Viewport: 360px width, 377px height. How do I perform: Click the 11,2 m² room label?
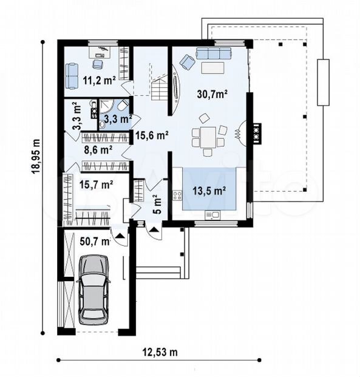pos(99,80)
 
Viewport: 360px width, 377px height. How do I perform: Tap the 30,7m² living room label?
pos(212,93)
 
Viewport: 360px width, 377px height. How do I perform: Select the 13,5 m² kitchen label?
pos(209,191)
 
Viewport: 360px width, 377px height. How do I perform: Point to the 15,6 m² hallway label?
pos(152,135)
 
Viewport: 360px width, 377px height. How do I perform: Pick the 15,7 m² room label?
pos(96,185)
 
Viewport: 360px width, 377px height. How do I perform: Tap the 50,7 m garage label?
pos(95,242)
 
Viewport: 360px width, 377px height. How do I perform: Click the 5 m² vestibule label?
pos(157,204)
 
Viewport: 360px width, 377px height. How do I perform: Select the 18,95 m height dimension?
pos(36,156)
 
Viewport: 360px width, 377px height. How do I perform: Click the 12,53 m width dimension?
pos(160,353)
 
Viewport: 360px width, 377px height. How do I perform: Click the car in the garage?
pos(93,290)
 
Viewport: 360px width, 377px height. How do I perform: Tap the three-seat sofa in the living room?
pos(214,53)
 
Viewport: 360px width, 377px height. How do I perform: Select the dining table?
pos(208,137)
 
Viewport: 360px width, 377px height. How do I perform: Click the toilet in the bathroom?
pos(123,105)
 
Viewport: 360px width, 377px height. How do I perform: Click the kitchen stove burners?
pos(177,195)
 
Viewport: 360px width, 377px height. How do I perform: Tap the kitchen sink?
pos(212,215)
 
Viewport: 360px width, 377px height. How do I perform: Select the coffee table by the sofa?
pos(213,68)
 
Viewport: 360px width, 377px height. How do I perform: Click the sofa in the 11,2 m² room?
pos(72,76)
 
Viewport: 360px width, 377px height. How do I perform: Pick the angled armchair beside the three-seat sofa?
pos(188,61)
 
